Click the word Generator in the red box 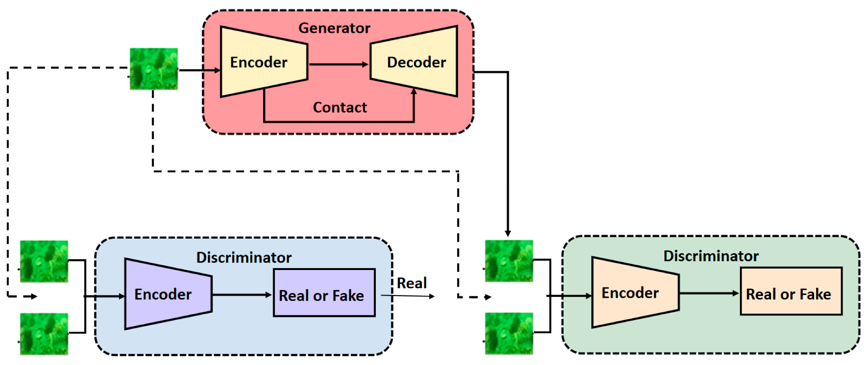(334, 28)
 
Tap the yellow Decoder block (415, 62)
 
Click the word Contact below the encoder (340, 107)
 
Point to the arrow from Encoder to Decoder (338, 65)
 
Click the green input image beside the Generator (154, 69)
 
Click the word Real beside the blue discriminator (411, 283)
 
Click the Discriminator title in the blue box (244, 258)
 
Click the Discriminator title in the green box (710, 256)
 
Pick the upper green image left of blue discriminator (44, 261)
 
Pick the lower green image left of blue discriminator (44, 334)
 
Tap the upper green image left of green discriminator (509, 261)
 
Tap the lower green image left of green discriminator (509, 333)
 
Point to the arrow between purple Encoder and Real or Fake (242, 295)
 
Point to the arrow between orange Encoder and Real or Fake (709, 294)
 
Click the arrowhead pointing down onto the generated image (508, 233)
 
